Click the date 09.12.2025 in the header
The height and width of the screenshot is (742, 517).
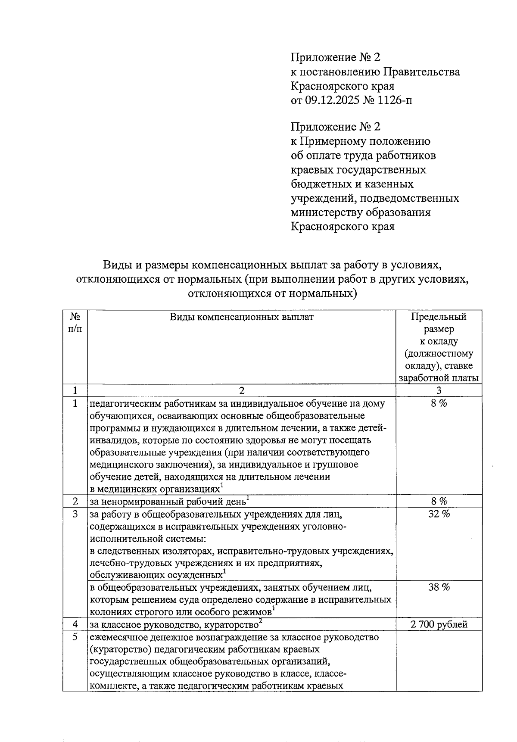coord(331,100)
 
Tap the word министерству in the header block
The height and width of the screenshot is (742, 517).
coord(327,212)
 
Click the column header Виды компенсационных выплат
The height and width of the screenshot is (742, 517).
coord(241,317)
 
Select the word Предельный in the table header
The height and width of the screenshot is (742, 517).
coord(439,317)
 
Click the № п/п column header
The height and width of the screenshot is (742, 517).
coord(75,323)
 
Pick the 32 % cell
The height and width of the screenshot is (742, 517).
coord(439,514)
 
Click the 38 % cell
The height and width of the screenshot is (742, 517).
coord(439,587)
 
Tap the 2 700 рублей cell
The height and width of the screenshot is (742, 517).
coord(439,624)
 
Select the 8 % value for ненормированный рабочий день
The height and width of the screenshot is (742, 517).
coord(439,501)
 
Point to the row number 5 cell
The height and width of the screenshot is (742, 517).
coord(75,637)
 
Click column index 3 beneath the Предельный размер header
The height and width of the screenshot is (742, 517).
coord(439,391)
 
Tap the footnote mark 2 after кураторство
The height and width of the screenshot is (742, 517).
coord(260,621)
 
